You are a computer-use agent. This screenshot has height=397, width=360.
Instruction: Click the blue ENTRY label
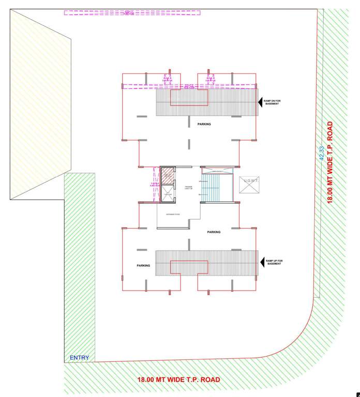tap(79, 358)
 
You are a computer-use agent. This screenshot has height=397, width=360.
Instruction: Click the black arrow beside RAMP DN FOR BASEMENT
tap(261, 102)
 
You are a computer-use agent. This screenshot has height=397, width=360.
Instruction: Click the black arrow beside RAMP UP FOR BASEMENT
tap(261, 262)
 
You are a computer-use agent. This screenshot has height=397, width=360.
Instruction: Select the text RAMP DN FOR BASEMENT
tap(274, 102)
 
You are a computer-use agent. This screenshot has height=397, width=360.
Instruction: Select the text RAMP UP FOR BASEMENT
tap(275, 262)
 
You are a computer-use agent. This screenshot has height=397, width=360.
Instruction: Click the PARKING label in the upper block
tap(204, 124)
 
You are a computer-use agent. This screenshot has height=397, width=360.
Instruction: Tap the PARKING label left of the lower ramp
tap(143, 266)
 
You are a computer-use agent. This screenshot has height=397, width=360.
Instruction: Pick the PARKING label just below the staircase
tap(214, 232)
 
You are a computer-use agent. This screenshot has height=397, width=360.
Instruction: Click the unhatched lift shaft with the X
tap(167, 194)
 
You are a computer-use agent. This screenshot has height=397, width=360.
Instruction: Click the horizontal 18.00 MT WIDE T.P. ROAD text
tap(178, 380)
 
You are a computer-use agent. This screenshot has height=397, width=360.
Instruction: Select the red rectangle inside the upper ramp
tap(189, 98)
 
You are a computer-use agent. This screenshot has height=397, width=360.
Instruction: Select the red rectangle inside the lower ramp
tap(189, 268)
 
